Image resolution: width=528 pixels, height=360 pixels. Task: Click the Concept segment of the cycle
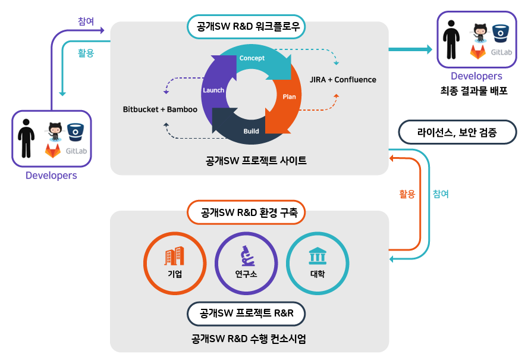coord(252,59)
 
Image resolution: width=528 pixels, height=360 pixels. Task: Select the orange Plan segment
coord(288,97)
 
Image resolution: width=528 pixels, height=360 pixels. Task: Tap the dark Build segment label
coord(251,131)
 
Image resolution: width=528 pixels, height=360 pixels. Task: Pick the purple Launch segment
coord(213,90)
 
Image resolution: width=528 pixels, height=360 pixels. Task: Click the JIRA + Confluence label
coord(343,79)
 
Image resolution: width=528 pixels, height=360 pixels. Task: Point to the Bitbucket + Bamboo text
coord(160,109)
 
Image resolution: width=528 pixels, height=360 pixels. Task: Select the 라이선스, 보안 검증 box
coord(457,133)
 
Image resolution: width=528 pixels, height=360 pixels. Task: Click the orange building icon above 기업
coord(174,256)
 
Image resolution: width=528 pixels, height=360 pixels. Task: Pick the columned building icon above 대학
coord(317,256)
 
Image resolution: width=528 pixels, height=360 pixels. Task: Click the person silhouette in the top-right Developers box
coord(453,40)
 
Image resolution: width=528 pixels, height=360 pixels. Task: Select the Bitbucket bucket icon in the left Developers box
coord(76,130)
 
